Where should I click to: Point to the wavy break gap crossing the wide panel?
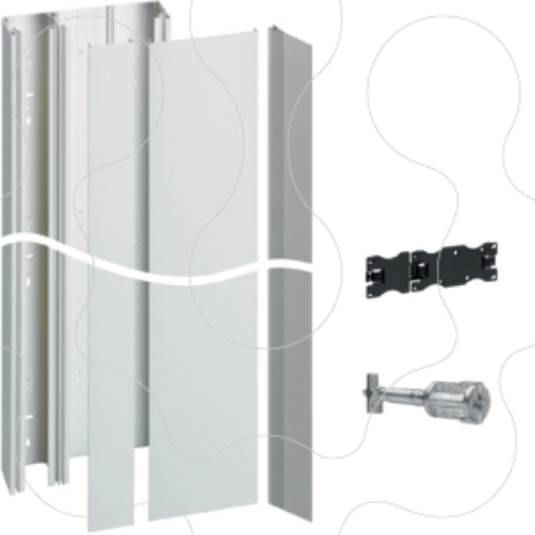(204, 267)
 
